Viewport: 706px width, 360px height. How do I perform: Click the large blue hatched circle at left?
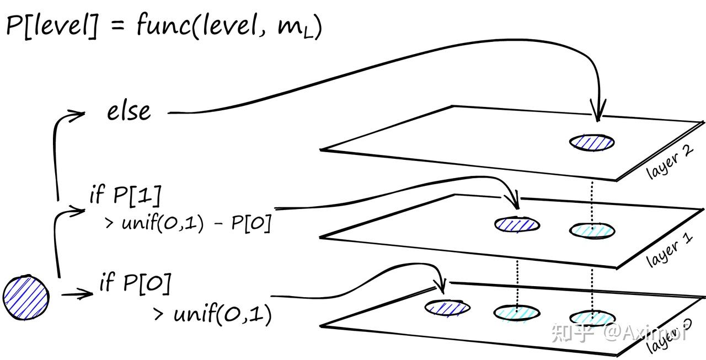point(25,298)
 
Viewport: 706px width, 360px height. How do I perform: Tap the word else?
point(129,112)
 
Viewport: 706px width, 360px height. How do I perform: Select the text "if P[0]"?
point(135,283)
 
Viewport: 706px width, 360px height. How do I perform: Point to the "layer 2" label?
point(669,161)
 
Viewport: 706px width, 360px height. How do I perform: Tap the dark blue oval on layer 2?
point(592,142)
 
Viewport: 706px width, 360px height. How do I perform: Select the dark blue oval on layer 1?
point(517,224)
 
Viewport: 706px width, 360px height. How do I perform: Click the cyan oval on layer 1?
point(592,229)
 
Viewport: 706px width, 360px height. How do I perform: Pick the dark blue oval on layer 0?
point(447,307)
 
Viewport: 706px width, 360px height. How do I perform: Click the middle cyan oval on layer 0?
point(517,313)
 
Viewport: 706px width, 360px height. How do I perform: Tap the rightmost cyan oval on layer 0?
point(592,318)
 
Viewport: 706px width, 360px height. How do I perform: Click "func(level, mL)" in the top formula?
point(229,26)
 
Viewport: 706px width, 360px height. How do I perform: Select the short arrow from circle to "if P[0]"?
point(77,294)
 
